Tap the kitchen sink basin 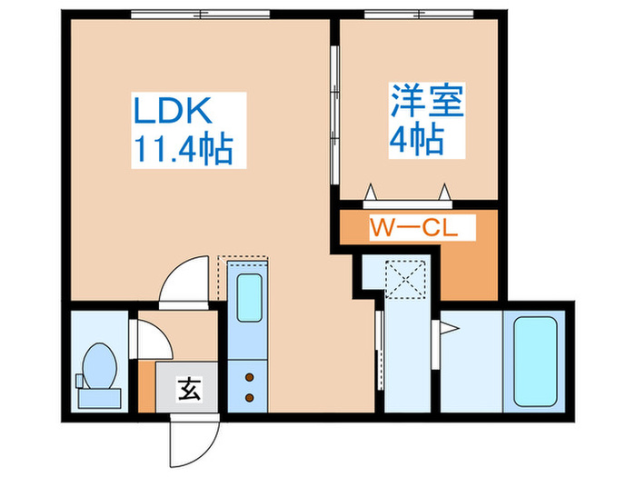coord(248,294)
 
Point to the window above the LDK coord(200,14)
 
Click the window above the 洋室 coord(418,14)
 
